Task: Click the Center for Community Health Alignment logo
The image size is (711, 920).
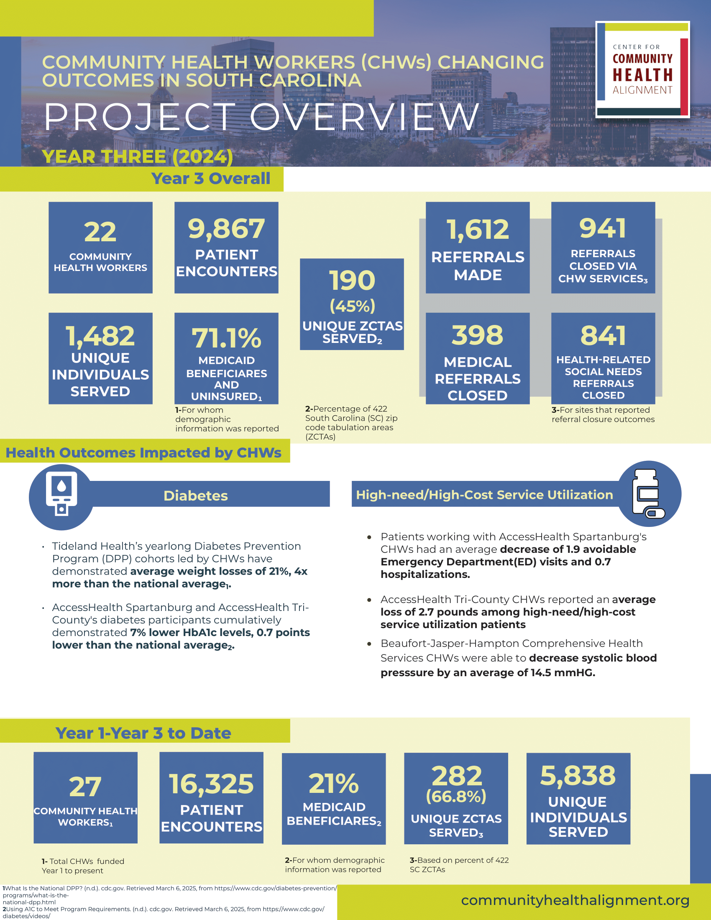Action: point(642,69)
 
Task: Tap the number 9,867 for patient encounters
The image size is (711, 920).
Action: point(226,229)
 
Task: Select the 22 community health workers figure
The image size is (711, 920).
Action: point(100,232)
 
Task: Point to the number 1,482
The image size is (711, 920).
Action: point(100,336)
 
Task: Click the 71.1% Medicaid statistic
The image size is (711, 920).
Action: point(226,338)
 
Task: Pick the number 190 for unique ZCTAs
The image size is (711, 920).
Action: point(352,281)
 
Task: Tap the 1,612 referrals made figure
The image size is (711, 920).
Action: point(478,230)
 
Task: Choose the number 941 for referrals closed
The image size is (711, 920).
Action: point(603,228)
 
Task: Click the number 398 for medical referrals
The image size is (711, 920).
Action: point(477,335)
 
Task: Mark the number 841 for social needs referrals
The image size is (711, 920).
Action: point(603,335)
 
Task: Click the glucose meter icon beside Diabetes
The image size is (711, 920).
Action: point(61,494)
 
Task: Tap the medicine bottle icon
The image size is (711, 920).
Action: point(649,493)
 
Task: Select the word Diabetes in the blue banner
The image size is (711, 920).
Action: point(195,496)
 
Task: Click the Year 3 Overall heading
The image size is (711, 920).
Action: point(211,179)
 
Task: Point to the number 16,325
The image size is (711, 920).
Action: point(212,784)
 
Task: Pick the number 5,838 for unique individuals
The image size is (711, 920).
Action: point(578,775)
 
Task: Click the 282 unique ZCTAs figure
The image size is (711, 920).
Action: point(457,775)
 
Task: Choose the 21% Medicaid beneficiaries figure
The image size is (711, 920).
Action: point(334,784)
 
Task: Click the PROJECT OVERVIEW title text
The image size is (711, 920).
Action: point(261,117)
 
